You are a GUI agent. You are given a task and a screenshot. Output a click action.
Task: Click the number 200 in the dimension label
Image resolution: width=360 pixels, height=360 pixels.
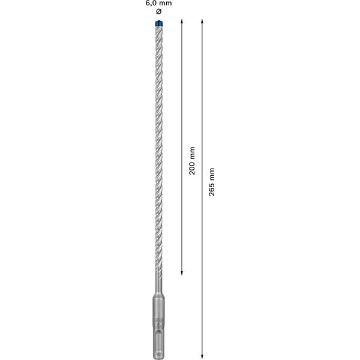point(192,169)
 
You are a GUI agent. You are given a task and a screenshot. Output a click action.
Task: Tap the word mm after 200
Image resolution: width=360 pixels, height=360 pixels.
point(192,152)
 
